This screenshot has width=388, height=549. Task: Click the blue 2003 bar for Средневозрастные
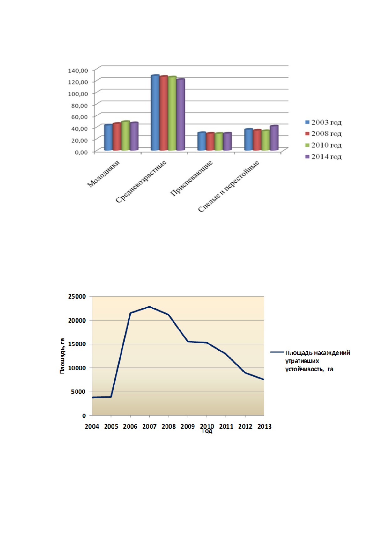(x=155, y=113)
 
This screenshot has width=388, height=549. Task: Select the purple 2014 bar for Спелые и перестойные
(x=274, y=138)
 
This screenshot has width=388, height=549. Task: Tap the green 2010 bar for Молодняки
(x=125, y=136)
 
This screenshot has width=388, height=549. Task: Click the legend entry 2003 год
(x=323, y=122)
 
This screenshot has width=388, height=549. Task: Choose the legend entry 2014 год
(x=323, y=157)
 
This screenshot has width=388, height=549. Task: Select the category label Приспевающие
(x=191, y=178)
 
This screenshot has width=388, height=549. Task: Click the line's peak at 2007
(x=150, y=307)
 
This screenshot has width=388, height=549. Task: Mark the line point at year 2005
(x=111, y=397)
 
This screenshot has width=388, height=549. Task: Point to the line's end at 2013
(x=264, y=379)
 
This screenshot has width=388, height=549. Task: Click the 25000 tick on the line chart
(x=77, y=296)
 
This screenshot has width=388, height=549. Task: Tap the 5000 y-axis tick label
(x=79, y=392)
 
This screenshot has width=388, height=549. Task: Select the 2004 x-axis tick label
(x=92, y=426)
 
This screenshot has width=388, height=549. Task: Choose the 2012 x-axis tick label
(x=245, y=426)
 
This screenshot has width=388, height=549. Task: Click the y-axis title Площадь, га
(x=62, y=356)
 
